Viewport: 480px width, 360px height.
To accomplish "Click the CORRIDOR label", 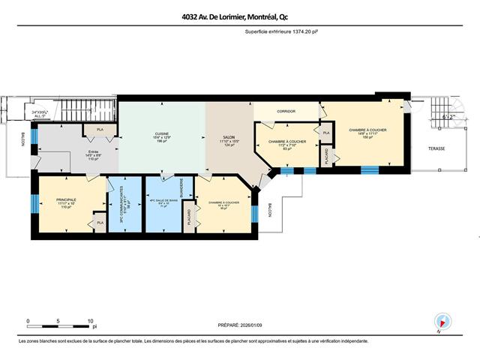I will click(286, 112).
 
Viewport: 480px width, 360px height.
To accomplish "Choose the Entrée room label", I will click(94, 155).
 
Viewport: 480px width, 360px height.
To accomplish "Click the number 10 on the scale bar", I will click(91, 320).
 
